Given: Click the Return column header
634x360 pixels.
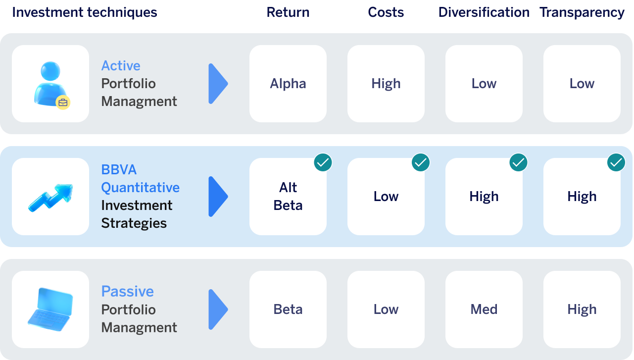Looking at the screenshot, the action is coord(288,12).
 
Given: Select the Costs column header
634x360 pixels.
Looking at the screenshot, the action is coord(386,12).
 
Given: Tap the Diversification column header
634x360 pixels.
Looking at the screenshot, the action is coord(484,12).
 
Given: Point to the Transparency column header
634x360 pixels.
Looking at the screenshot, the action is coord(582,13).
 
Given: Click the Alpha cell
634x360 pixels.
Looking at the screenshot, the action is coord(288,84).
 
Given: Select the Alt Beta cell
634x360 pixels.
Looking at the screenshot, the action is coord(288,197).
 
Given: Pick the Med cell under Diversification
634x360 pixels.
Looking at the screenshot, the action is coord(484,309).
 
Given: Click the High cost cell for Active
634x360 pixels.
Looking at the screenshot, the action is coord(386,84).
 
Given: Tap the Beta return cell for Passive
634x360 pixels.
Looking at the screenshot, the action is coord(288,309).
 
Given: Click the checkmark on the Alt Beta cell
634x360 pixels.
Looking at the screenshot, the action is coord(323,162).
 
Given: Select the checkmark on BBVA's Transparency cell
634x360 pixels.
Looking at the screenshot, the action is coord(616,162).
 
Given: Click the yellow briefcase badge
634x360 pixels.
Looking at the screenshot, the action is coord(63,103).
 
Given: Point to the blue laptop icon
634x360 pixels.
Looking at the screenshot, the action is coord(50,309).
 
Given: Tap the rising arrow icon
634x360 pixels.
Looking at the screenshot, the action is coord(51,198).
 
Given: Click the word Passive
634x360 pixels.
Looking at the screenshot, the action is coord(127,292).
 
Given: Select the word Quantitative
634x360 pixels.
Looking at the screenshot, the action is coord(141,188).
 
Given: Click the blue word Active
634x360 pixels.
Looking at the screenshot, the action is coord(121,66).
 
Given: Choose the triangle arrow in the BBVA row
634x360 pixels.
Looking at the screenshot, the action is coord(218,197).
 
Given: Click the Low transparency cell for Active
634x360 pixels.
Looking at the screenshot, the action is coord(582,84).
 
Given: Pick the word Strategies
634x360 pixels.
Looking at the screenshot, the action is coord(134,223).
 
